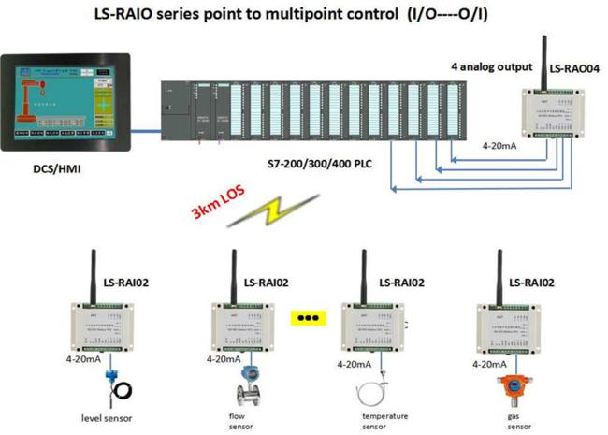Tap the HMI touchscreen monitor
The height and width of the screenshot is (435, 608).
click(65, 104)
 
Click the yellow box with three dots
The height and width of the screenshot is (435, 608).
click(306, 317)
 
